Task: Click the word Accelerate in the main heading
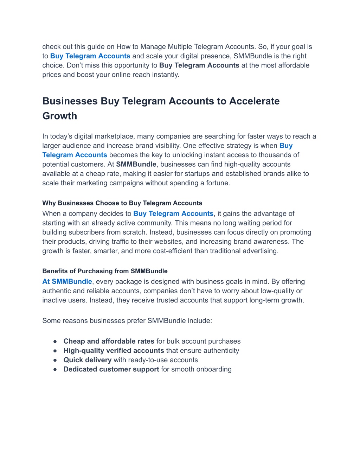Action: pos(254,101)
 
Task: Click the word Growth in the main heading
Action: pos(60,116)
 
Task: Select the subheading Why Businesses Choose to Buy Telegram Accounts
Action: pos(122,203)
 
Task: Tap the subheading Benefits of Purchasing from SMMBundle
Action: pos(105,271)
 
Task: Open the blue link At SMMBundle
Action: pos(67,281)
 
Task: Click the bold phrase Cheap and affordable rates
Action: pos(109,341)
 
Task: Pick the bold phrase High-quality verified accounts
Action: pos(114,351)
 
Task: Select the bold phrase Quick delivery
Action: pos(87,360)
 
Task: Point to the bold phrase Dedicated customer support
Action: pos(111,369)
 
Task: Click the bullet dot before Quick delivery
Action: pos(55,360)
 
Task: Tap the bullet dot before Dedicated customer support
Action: pos(55,370)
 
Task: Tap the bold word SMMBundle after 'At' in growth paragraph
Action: pos(136,164)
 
